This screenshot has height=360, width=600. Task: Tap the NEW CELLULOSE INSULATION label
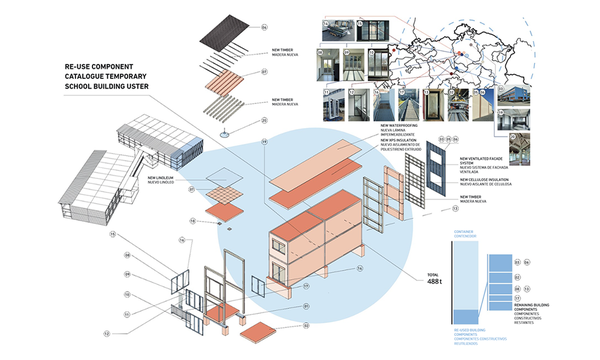(x=487, y=181)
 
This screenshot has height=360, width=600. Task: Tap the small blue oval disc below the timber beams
(x=224, y=134)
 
